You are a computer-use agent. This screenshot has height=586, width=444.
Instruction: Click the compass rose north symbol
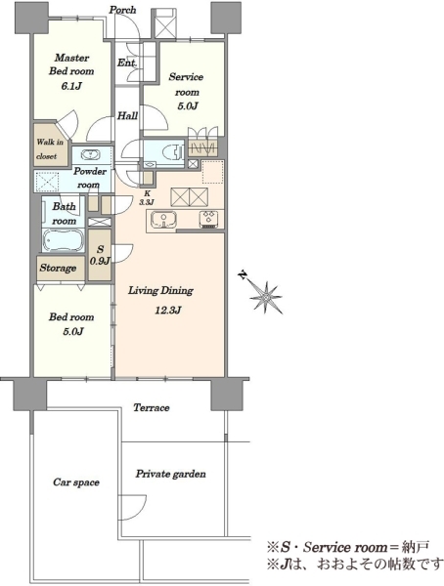tap(265, 297)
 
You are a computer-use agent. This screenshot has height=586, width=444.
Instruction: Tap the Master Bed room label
tap(71, 64)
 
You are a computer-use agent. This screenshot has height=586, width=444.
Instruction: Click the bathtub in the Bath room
tap(63, 239)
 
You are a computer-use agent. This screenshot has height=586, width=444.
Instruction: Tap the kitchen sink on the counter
tap(163, 220)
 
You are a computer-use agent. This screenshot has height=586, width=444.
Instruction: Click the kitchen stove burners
tap(208, 219)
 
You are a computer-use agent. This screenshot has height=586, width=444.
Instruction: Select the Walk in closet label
tap(50, 148)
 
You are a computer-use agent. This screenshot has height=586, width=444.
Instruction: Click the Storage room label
tap(58, 268)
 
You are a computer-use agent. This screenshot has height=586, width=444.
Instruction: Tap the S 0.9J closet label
tap(100, 255)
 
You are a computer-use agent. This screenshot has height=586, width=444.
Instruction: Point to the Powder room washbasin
tap(90, 154)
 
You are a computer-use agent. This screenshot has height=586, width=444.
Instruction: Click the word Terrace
tap(152, 407)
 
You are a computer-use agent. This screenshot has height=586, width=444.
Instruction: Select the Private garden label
tap(171, 474)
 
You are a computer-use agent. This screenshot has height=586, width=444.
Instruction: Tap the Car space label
tap(76, 482)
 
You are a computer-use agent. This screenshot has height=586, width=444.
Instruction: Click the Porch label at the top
tap(123, 10)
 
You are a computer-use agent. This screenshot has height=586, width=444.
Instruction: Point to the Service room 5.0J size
tap(188, 105)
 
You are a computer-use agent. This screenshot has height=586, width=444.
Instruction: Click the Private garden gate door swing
tap(132, 508)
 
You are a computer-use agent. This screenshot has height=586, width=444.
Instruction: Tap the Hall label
tap(128, 115)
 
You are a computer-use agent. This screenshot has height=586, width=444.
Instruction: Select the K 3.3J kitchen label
tap(147, 198)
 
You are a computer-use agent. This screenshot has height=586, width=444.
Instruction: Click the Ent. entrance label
tap(126, 63)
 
